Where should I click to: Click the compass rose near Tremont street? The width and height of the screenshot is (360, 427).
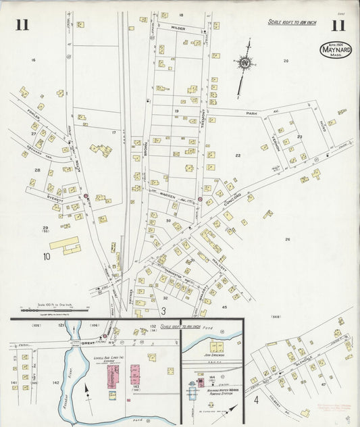[x=243, y=64]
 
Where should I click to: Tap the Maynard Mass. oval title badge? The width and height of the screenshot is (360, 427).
[x=336, y=49]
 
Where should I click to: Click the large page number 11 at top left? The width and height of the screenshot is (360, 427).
[x=22, y=26]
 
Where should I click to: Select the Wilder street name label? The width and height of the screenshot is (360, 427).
[x=178, y=28]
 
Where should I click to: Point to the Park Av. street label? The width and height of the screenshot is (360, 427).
[x=253, y=113]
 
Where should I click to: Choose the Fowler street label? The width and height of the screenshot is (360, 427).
[x=33, y=114]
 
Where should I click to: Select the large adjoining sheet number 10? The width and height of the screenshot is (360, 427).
[x=47, y=256]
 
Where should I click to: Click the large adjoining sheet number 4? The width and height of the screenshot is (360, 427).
[x=255, y=399]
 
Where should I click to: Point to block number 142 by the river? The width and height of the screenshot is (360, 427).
[x=56, y=382]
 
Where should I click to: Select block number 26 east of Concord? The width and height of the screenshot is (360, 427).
[x=287, y=239]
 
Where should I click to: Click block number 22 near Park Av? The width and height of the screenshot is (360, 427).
[x=238, y=155]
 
